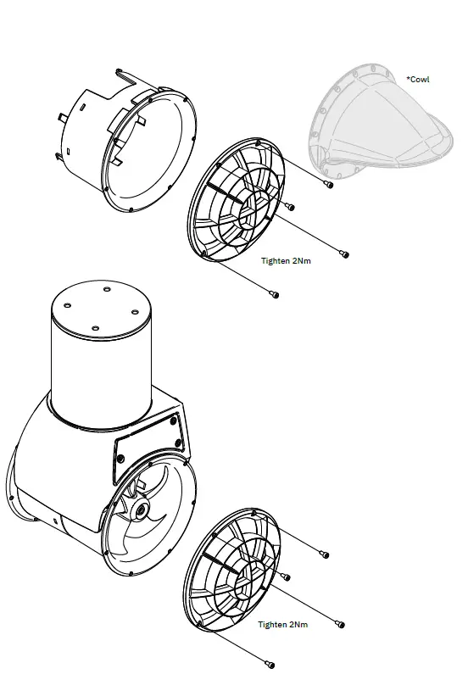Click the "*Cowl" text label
point(418,80)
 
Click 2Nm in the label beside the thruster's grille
point(298,625)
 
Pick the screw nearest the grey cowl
point(329,183)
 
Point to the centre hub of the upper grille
point(253,205)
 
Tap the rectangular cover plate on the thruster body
point(149,451)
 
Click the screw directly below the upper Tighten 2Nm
point(273,294)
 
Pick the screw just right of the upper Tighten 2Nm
point(343,253)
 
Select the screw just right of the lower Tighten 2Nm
point(340,625)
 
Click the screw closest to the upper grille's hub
point(290,206)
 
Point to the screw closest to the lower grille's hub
point(286,577)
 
